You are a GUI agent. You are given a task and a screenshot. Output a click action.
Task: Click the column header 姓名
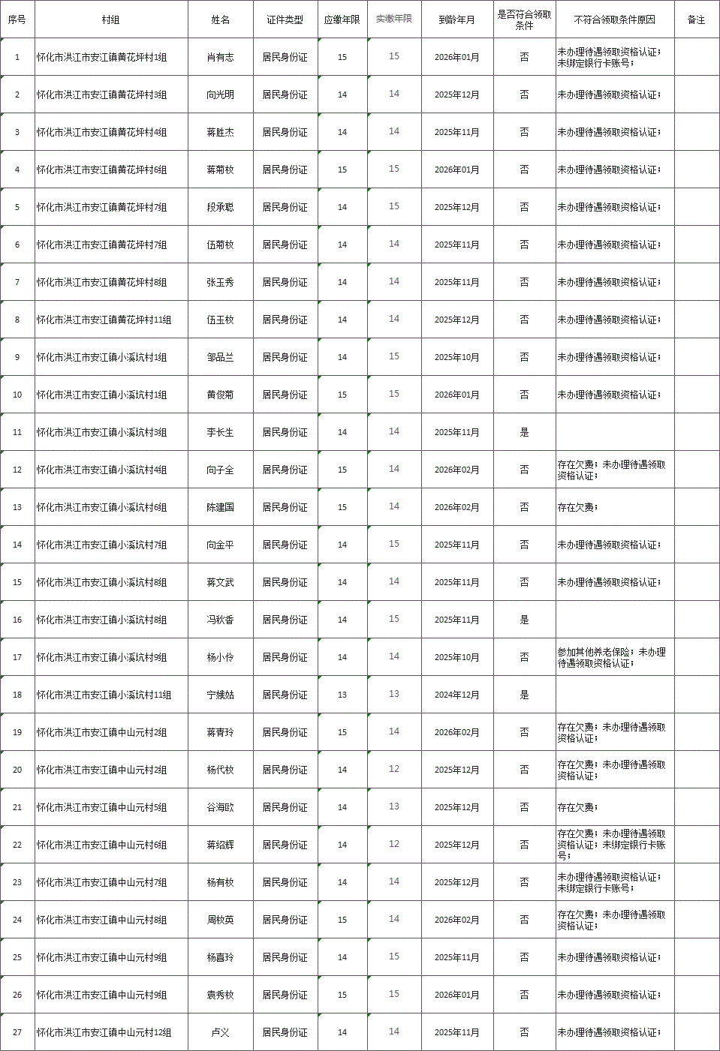(x=220, y=20)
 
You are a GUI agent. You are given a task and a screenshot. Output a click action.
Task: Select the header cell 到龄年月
(x=456, y=20)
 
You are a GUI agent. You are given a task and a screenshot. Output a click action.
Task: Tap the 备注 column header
(x=696, y=20)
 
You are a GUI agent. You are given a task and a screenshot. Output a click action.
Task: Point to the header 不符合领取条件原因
(x=614, y=20)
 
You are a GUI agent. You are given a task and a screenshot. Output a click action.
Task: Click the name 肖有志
(x=220, y=57)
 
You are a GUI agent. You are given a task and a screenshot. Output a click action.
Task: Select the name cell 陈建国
(x=220, y=507)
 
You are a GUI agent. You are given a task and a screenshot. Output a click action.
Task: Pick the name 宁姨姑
(x=220, y=695)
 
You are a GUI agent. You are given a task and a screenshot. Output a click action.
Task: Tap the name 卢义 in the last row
(x=220, y=1032)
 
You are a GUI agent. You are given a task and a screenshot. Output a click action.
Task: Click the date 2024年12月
(x=456, y=695)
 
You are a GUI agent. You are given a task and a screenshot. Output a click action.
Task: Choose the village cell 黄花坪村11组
(x=104, y=320)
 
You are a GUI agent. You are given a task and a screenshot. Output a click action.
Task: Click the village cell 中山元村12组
(x=104, y=1032)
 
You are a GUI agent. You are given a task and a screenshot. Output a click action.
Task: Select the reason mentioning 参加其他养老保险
(x=611, y=657)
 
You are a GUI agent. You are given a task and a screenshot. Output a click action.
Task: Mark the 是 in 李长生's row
(x=524, y=432)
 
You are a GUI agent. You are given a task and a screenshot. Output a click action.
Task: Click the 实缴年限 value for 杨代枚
(x=394, y=769)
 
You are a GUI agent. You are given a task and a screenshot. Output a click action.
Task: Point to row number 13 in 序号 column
(x=17, y=507)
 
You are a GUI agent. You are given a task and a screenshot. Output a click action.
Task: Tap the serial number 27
(x=17, y=1032)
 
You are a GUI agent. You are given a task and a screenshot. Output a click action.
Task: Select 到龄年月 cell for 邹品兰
(x=456, y=357)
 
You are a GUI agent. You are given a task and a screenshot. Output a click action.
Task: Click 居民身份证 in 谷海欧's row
(x=285, y=807)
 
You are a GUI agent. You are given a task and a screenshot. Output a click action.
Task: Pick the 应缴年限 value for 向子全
(x=342, y=470)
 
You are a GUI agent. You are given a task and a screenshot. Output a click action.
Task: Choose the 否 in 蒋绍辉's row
(x=524, y=845)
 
